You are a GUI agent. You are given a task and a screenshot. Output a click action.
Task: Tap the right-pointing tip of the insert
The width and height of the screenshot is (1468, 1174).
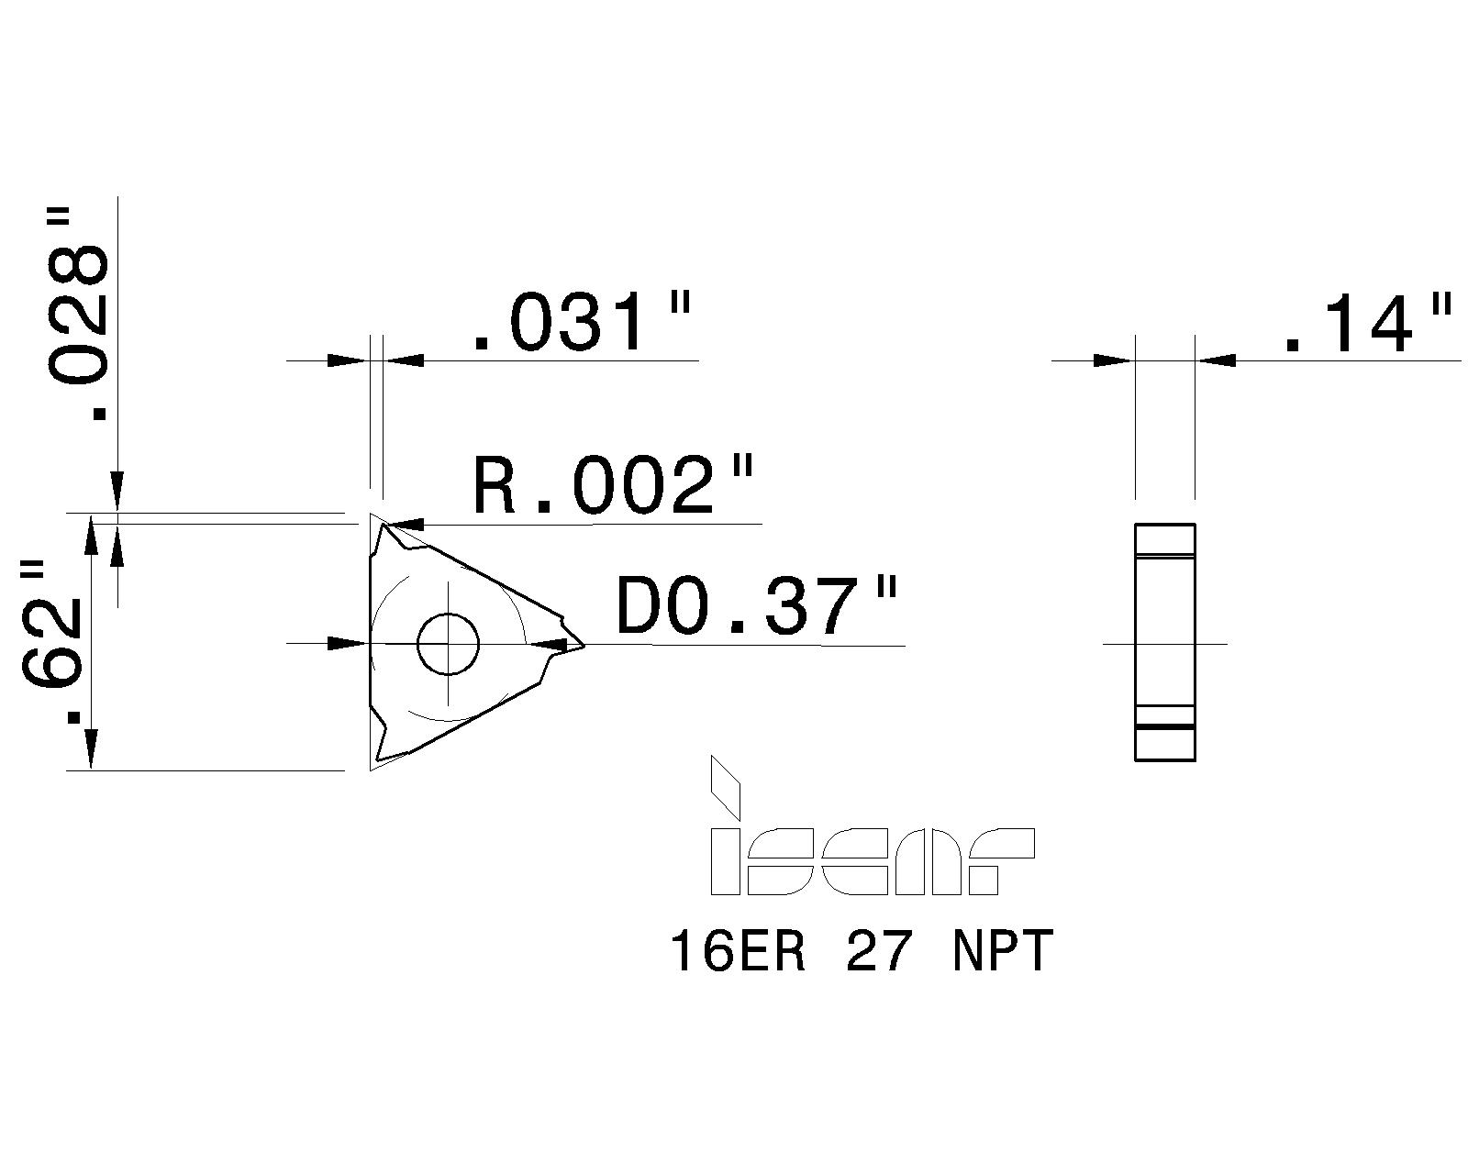tap(580, 645)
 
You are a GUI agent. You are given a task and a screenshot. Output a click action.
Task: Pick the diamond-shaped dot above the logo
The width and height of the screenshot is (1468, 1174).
tap(724, 786)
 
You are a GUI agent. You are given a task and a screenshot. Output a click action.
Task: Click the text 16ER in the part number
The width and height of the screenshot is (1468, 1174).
tap(739, 951)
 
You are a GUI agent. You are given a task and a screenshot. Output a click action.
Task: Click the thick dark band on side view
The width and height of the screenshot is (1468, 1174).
tap(1165, 726)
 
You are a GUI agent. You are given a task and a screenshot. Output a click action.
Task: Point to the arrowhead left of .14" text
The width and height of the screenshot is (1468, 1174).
tap(1216, 360)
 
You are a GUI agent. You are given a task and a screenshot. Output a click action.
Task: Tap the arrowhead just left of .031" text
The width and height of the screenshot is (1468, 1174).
tap(404, 360)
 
